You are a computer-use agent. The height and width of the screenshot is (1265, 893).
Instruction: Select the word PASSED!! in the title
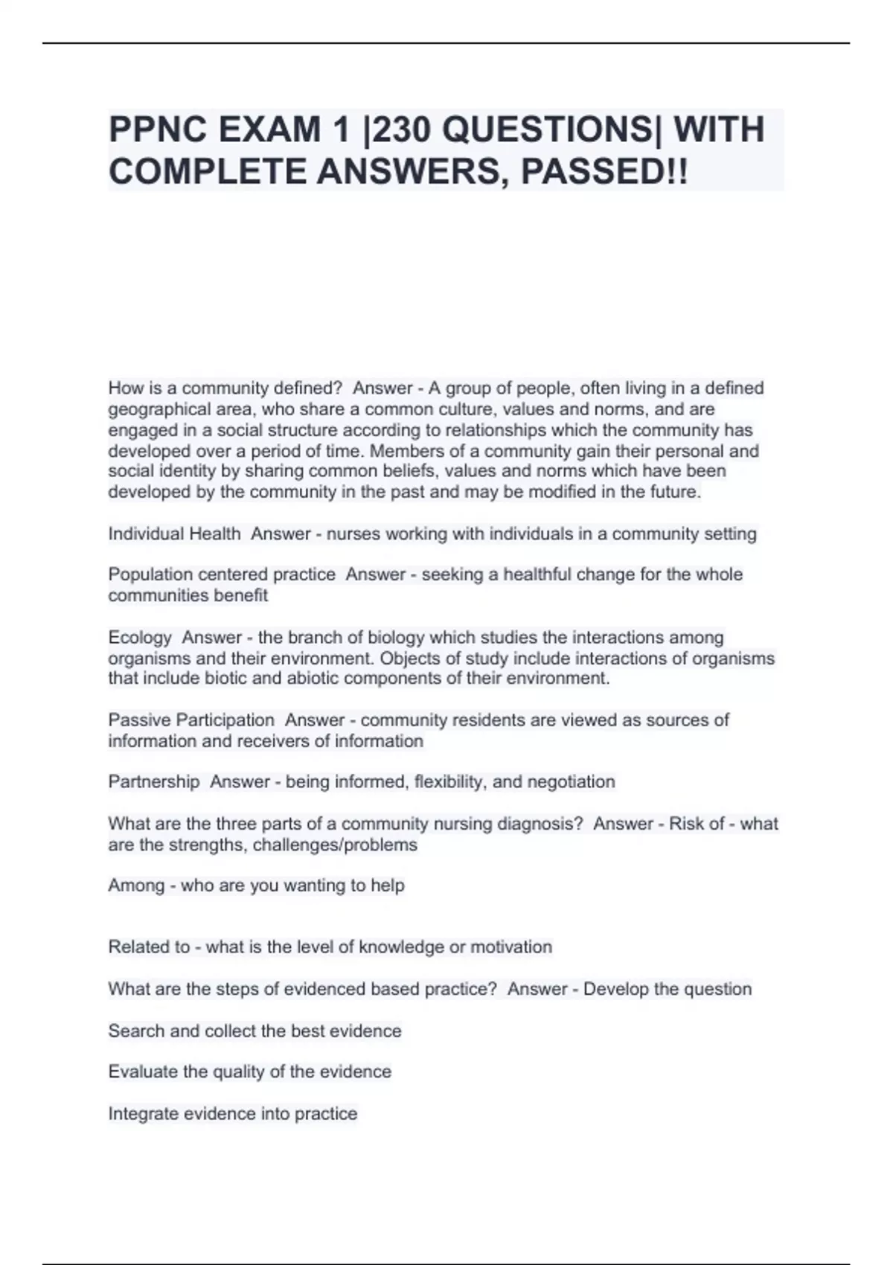pos(604,173)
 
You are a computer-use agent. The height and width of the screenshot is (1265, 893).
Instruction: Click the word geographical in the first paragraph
pos(159,409)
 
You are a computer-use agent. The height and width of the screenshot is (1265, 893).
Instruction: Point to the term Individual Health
pos(174,534)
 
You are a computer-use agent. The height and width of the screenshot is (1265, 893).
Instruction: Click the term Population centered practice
pos(222,574)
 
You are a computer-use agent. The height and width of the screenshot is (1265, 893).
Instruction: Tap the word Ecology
pos(140,638)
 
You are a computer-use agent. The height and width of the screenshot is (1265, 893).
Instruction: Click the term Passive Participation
pos(191,720)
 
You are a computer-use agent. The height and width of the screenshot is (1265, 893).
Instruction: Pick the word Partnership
pos(154,782)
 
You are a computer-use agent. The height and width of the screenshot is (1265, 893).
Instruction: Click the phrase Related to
pos(149,947)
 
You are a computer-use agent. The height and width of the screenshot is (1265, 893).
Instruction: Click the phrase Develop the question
pos(668,989)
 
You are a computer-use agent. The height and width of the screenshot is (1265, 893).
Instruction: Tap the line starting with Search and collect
pos(255,1031)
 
